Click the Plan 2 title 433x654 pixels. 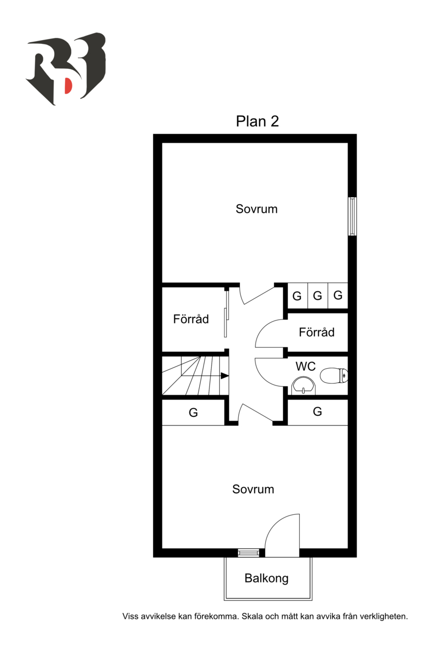(257, 121)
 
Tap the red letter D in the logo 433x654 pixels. (68, 86)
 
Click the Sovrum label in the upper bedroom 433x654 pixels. (257, 209)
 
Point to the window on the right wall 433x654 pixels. (352, 217)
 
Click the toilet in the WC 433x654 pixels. (334, 376)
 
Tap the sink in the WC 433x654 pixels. (303, 386)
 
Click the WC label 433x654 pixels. (305, 366)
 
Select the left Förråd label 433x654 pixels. (191, 319)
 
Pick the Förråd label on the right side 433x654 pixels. (317, 332)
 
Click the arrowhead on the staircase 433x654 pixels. (225, 376)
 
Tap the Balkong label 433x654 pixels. (266, 578)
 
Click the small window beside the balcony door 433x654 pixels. (248, 553)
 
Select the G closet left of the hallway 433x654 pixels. (193, 412)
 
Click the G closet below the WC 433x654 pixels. (318, 411)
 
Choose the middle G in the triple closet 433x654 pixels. (317, 296)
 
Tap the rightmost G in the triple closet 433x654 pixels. (338, 296)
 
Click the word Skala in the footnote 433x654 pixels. (253, 616)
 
